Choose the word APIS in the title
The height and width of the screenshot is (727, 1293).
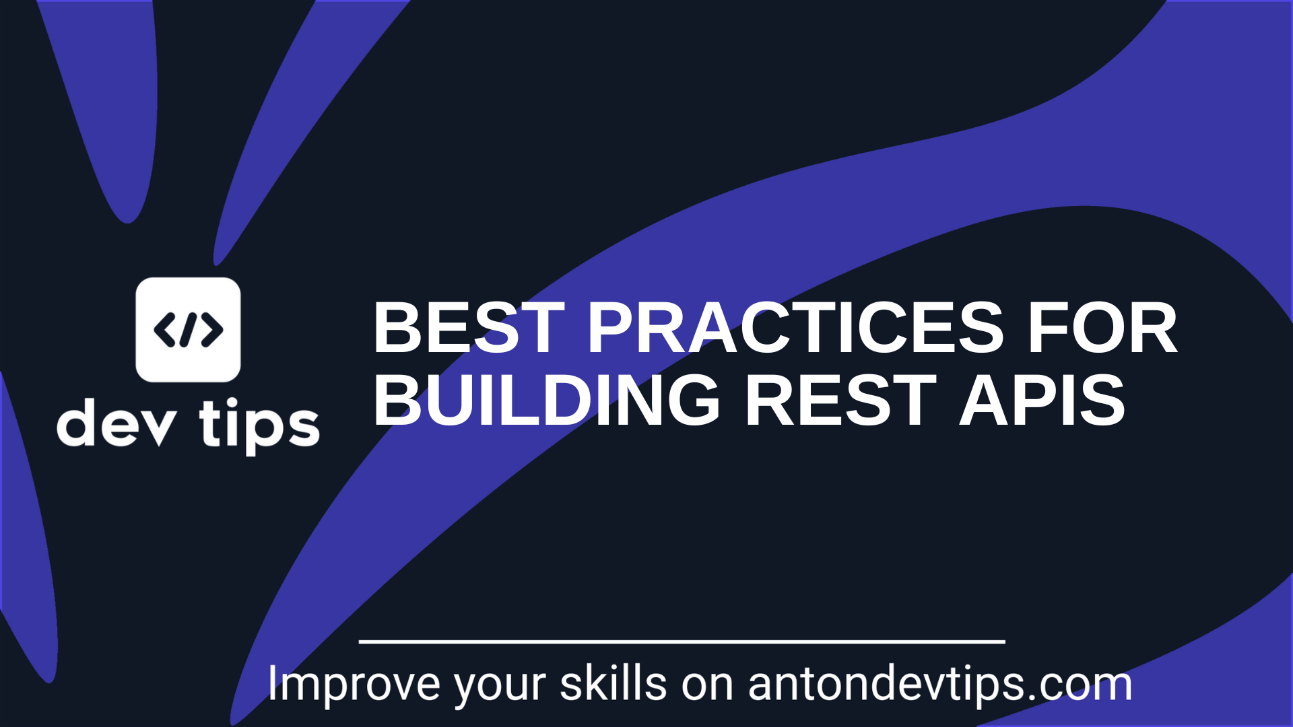point(1042,401)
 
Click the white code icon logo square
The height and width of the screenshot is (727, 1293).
point(188,330)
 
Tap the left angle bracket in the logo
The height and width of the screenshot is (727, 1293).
point(164,330)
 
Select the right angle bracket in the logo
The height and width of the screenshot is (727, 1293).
point(212,330)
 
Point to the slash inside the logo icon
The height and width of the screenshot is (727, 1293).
point(189,330)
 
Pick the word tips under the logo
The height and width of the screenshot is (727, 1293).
point(259,426)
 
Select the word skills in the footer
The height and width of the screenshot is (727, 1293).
point(613,684)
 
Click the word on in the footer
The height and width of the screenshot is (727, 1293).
point(707,688)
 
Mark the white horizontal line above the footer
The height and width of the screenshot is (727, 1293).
point(682,642)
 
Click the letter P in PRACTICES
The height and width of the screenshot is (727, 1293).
point(611,328)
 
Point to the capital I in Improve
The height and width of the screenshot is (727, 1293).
point(272,684)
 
